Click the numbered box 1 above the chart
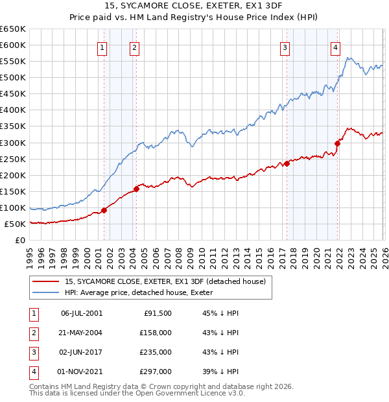pos(102,47)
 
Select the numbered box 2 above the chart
pos(134,47)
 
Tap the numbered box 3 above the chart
pos(285,47)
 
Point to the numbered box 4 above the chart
pos(335,47)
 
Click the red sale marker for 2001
pos(104,210)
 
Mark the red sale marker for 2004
pos(136,189)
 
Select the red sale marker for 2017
pos(286,163)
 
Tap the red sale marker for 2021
pos(338,143)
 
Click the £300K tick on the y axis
pos(13,143)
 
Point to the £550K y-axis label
pos(13,62)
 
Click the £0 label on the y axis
pos(20,240)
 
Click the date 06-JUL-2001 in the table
pos(82,313)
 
